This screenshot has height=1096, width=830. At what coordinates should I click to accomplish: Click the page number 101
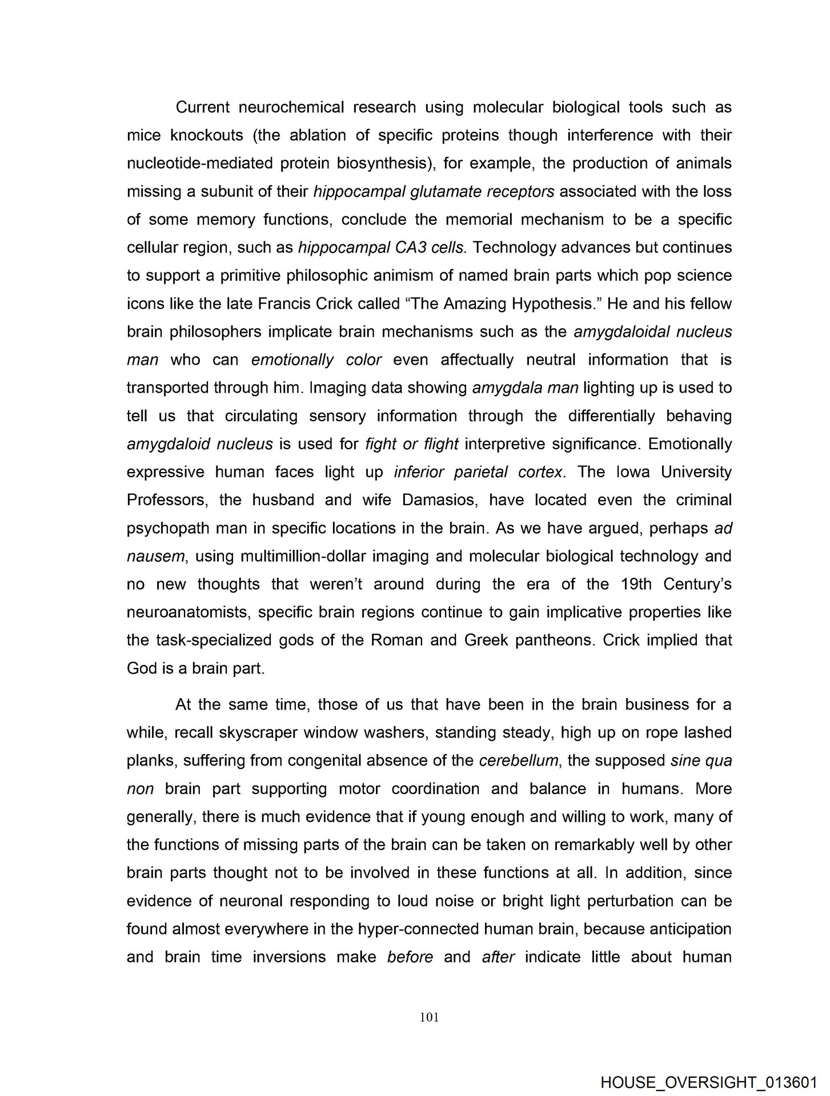tap(428, 1017)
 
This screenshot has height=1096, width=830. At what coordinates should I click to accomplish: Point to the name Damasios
tap(438, 500)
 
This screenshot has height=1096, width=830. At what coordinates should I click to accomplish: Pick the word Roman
tap(396, 640)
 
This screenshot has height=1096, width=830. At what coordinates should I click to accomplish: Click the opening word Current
tap(203, 107)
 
